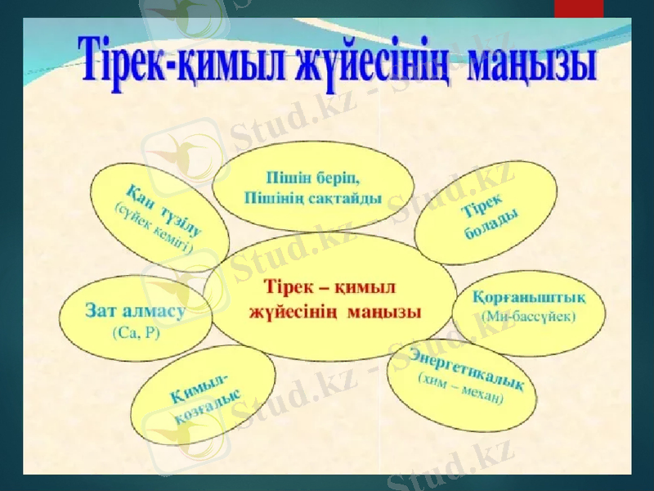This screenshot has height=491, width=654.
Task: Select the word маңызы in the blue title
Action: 530,64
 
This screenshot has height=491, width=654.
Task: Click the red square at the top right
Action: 578,8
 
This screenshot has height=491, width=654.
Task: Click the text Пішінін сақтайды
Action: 313,199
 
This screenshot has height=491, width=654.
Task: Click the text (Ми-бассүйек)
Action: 529,315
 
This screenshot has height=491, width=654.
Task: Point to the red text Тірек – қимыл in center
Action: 331,289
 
